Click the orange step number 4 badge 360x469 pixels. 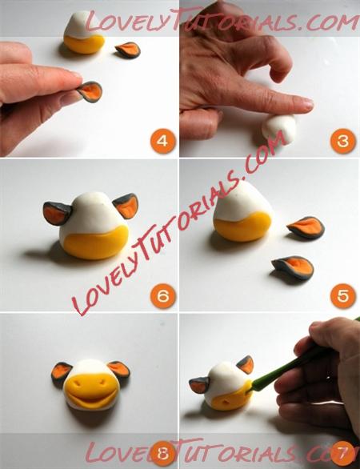(x=162, y=141)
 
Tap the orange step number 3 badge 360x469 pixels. (x=342, y=141)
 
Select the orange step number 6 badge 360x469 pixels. (x=163, y=296)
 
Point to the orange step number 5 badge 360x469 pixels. (x=343, y=296)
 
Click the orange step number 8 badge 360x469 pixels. (x=163, y=453)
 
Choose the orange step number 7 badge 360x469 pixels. (x=343, y=453)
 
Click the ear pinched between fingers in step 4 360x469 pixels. (x=90, y=92)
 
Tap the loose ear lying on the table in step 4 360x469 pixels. (x=128, y=50)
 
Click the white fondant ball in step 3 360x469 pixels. (x=279, y=128)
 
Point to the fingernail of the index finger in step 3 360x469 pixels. (x=308, y=104)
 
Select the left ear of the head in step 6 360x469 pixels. (x=58, y=213)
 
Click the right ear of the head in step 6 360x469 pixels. (x=126, y=206)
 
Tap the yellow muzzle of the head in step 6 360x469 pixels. (x=96, y=243)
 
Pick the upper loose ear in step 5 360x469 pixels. (x=306, y=227)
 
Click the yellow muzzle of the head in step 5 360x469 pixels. (x=242, y=226)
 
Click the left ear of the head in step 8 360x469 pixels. (x=61, y=372)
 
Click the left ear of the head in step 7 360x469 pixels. (x=199, y=385)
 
